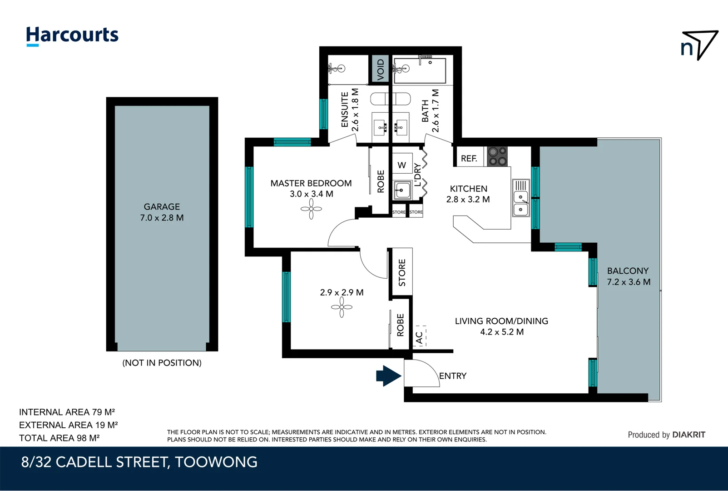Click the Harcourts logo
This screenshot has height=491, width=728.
click(72, 35)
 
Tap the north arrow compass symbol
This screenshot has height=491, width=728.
click(699, 45)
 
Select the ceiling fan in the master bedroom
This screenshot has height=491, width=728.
click(311, 209)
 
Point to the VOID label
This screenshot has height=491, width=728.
click(381, 69)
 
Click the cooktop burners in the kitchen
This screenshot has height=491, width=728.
click(497, 156)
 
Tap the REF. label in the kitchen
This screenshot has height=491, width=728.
click(469, 158)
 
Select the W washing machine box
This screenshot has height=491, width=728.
click(402, 165)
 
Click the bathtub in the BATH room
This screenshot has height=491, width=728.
click(419, 70)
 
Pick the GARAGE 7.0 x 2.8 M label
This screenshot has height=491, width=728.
click(162, 212)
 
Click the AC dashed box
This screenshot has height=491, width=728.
click(419, 337)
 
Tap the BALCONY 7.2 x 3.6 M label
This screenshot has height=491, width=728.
click(629, 276)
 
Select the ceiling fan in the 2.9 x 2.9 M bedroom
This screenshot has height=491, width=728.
click(342, 307)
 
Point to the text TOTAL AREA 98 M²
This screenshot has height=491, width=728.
click(59, 438)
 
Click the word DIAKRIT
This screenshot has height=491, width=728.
click(688, 435)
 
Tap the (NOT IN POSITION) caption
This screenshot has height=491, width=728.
click(162, 363)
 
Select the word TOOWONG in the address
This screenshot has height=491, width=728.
click(216, 462)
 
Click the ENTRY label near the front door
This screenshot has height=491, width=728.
click(452, 376)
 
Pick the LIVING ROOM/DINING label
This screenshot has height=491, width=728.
click(501, 321)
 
